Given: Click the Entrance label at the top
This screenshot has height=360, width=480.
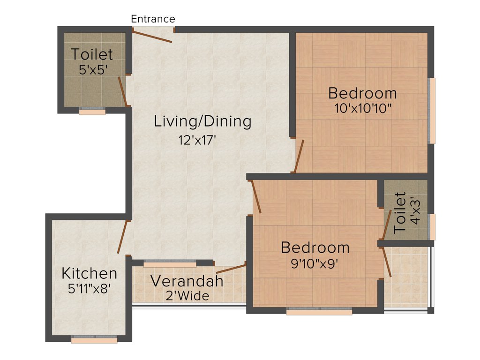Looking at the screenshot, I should (153, 19).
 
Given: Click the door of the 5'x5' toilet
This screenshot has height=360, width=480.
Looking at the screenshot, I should (123, 91).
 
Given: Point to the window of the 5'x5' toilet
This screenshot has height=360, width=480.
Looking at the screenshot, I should (92, 112).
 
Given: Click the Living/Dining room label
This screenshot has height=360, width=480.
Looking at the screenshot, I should (202, 121).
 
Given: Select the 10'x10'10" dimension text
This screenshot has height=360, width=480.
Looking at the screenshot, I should (363, 108).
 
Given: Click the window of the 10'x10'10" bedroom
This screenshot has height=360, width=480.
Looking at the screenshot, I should (432, 111).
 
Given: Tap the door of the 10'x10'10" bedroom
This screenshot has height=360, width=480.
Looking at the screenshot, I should (299, 156).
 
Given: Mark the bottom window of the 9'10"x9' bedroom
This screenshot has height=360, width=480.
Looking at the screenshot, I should (319, 311).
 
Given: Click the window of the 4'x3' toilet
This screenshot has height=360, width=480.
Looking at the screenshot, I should (432, 226).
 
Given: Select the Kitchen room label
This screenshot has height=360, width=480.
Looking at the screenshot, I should (90, 273).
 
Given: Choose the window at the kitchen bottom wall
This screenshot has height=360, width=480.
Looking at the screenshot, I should (94, 340).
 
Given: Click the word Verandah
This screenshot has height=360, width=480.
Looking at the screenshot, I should (187, 282).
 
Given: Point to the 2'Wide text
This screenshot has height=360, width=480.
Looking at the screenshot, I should (187, 296).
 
